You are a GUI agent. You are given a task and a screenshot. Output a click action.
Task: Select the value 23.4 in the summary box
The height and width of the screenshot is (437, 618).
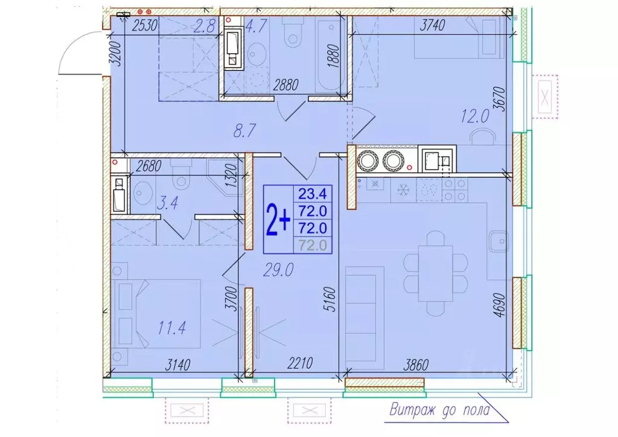click(x=312, y=194)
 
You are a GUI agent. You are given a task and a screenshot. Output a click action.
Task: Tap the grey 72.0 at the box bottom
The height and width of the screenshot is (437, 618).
click(x=312, y=245)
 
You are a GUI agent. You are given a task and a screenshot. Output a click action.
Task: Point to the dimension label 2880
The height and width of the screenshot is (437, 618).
click(x=286, y=85)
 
